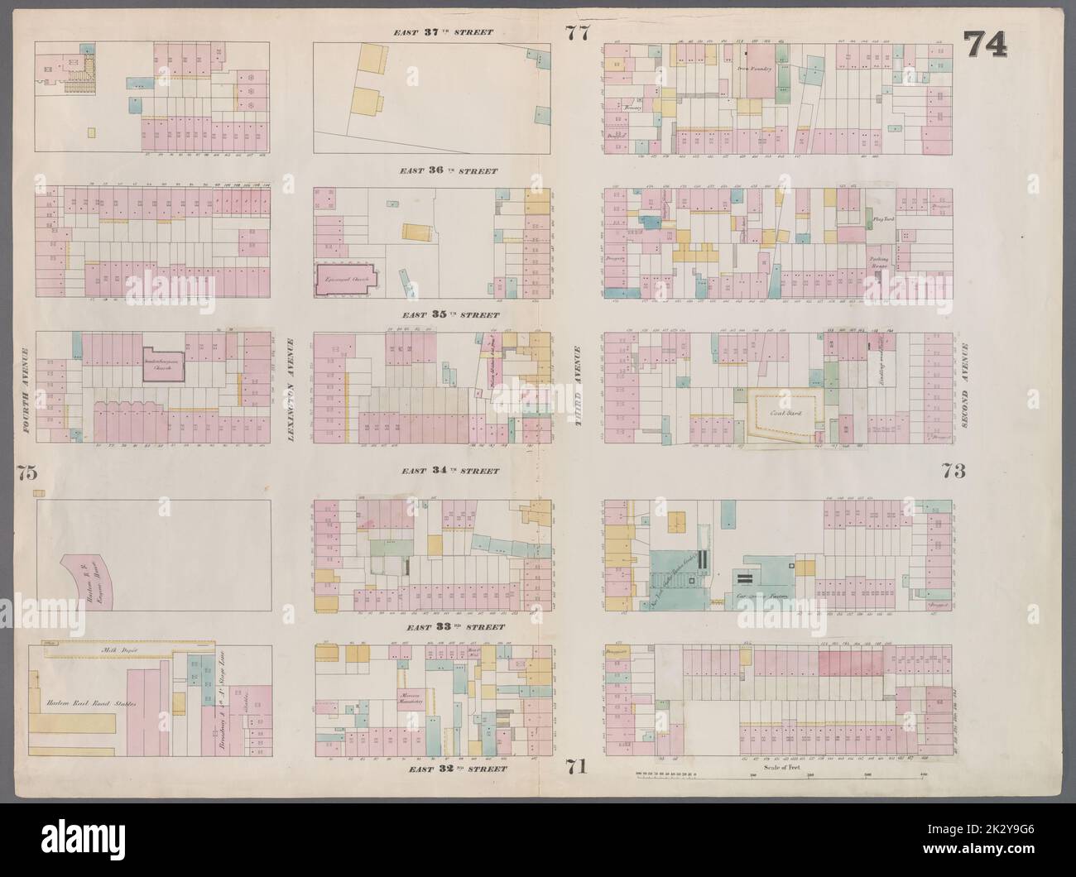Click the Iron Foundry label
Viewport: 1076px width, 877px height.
(x=754, y=69)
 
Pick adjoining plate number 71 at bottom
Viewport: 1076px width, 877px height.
(x=577, y=766)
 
